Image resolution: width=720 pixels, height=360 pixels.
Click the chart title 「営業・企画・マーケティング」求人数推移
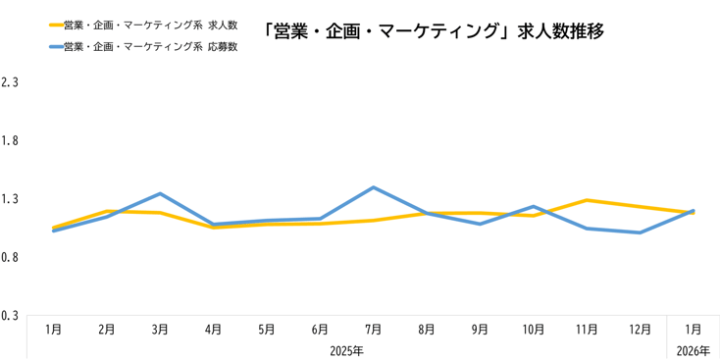coord(434,31)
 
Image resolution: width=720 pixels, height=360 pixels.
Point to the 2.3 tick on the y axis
coord(11,82)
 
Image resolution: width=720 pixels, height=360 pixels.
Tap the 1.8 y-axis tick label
coord(11,141)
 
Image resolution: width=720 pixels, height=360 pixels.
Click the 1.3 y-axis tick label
coord(11,199)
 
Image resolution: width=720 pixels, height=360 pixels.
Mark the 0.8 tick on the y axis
coord(11,258)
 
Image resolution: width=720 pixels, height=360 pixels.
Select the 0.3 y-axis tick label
coord(11,316)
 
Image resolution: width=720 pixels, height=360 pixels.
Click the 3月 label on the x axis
coord(160,330)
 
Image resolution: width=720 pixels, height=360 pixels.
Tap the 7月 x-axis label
coord(373,330)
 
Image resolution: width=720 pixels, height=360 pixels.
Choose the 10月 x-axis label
coord(533,330)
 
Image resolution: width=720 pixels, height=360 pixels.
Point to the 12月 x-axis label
coord(640,330)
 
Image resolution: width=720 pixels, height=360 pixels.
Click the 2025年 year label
coord(346,350)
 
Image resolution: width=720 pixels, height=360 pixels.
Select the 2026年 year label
coord(693,350)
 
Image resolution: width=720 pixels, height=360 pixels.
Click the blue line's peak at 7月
coord(373,187)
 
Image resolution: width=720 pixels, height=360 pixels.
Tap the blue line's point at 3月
coord(160,193)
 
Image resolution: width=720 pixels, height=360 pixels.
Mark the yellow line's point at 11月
coord(586,200)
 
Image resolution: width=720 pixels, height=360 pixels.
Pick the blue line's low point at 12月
coord(640,232)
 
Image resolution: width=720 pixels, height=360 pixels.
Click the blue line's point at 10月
coord(533,206)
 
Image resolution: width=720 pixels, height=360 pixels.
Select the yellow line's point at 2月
coord(107,211)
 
